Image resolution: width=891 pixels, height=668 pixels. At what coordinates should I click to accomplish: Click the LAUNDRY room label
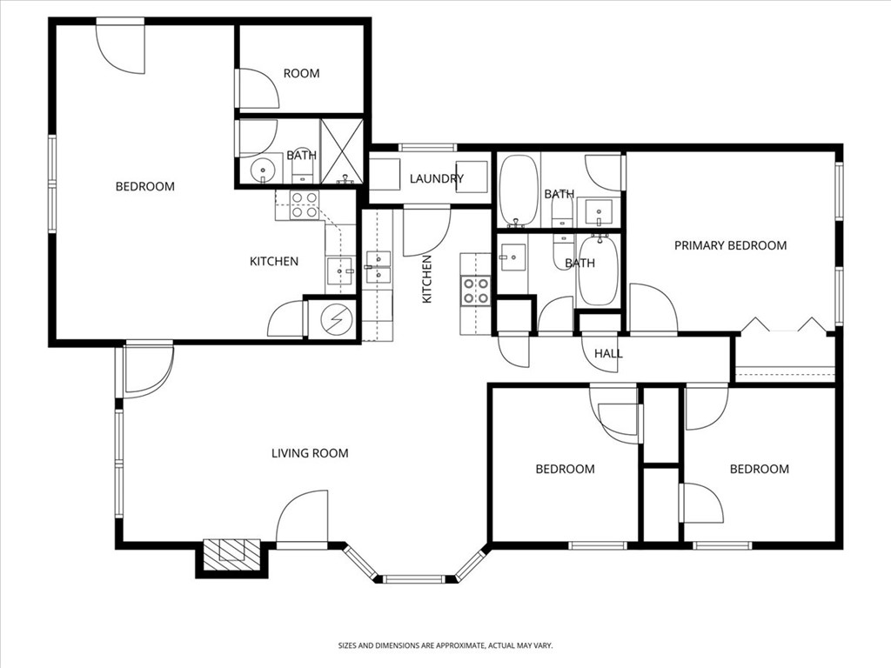click(x=436, y=178)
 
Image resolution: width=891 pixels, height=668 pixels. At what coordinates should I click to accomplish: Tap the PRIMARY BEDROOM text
click(x=730, y=245)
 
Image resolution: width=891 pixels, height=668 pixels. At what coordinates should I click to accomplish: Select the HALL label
click(x=608, y=353)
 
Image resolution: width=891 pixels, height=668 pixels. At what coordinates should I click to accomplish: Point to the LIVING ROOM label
click(x=310, y=453)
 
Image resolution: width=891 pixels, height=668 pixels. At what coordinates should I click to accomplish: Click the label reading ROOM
click(x=301, y=74)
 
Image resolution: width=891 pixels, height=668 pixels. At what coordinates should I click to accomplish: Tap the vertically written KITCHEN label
click(x=427, y=278)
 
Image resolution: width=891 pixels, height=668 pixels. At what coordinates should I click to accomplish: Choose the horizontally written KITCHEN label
click(x=274, y=261)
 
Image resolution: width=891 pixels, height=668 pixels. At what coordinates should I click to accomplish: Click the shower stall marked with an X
click(x=341, y=151)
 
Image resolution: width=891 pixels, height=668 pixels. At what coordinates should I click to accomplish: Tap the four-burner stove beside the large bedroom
click(x=304, y=204)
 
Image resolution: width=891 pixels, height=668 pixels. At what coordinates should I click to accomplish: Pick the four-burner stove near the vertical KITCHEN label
click(x=476, y=291)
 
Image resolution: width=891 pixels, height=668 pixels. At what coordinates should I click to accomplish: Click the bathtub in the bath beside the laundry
click(x=519, y=189)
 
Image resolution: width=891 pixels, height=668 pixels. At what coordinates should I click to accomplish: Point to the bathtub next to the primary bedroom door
click(x=598, y=271)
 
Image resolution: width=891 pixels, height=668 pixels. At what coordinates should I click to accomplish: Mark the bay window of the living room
click(x=415, y=574)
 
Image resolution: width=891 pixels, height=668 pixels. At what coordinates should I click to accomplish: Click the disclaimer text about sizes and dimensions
click(x=445, y=645)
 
